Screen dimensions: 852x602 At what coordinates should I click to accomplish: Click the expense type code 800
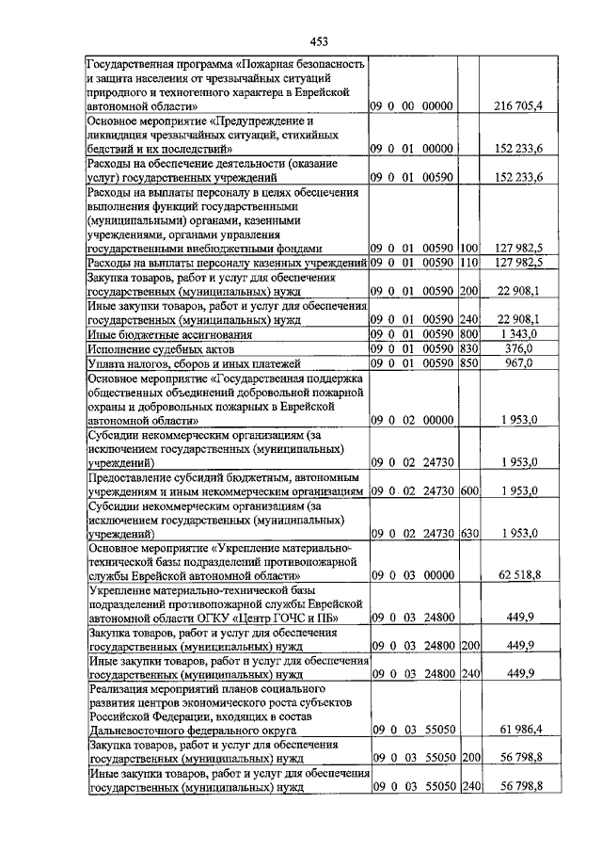point(470,333)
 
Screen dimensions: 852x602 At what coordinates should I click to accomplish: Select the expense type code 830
point(470,347)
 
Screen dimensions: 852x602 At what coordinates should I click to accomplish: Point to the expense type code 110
point(470,262)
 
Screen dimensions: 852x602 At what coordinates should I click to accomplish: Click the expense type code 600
point(470,491)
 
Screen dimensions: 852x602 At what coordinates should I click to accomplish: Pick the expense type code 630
point(470,533)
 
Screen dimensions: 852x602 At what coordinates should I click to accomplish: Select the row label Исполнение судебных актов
point(151,347)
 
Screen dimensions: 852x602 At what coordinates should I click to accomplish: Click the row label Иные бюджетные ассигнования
point(157,333)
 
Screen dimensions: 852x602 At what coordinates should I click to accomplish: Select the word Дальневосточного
point(143,729)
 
